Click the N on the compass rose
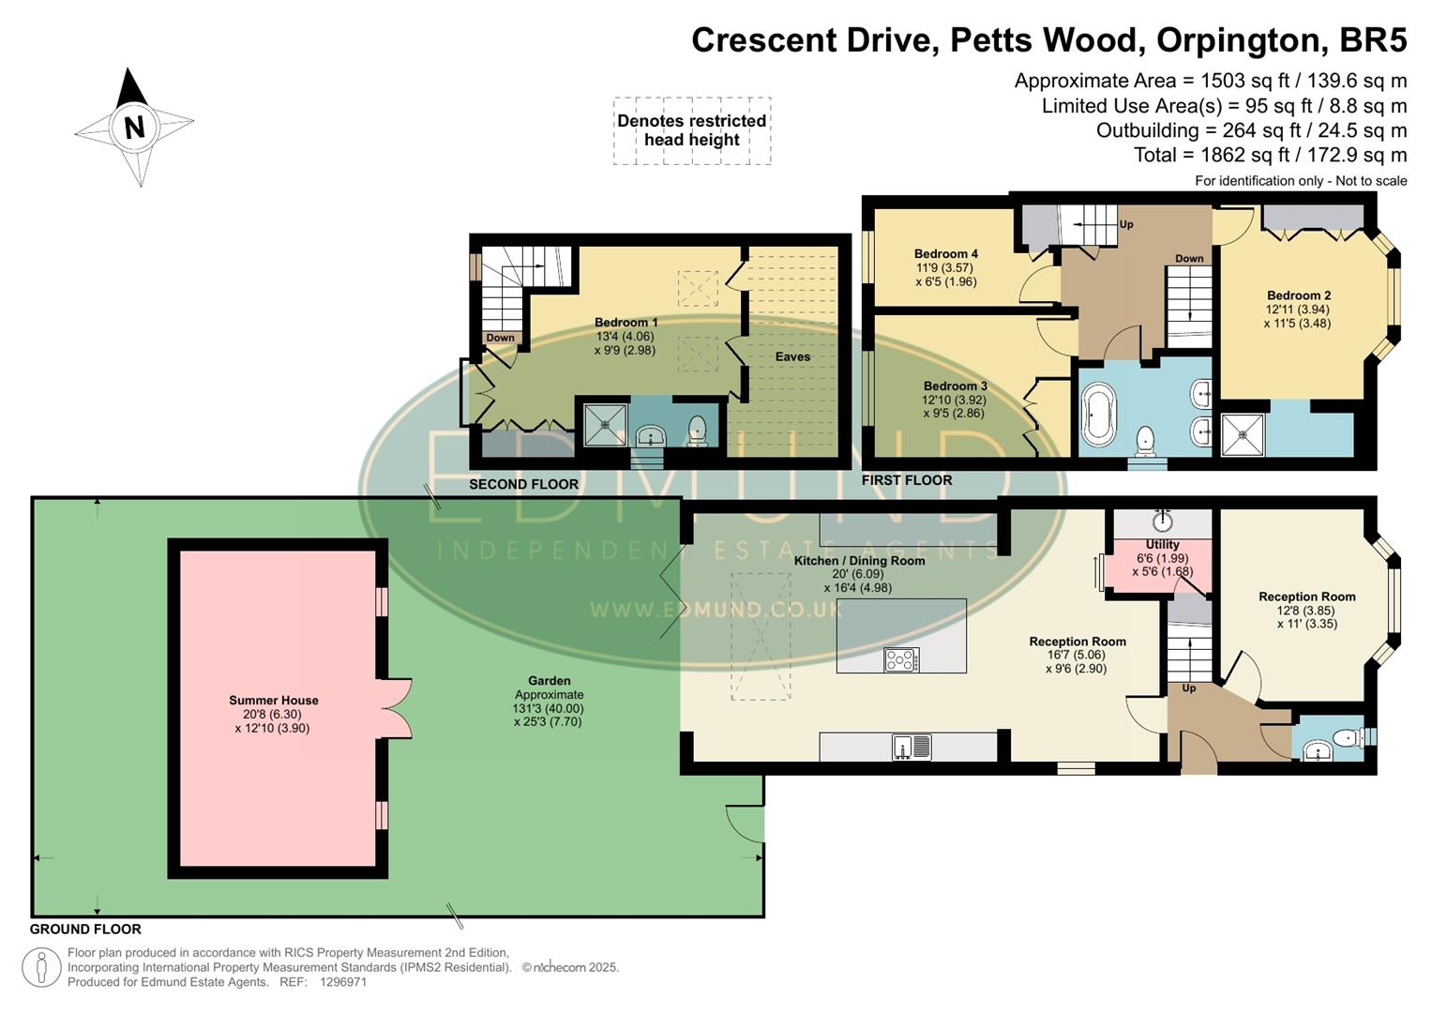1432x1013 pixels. tap(134, 127)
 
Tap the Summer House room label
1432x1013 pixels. tap(273, 700)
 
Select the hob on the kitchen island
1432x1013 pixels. tap(900, 660)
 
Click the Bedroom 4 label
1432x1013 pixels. tap(945, 253)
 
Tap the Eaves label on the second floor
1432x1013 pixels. tap(792, 356)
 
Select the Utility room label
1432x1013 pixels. tap(1162, 544)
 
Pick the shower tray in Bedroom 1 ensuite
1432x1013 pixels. tap(605, 424)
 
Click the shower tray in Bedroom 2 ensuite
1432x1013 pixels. tap(1243, 434)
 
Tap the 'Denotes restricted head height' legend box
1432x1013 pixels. tap(692, 130)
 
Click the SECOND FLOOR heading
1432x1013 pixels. tap(523, 484)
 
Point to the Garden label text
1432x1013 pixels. tap(549, 681)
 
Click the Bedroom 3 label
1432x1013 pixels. tap(955, 386)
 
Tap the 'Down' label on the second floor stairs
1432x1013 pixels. tap(500, 338)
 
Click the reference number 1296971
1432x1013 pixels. tap(342, 982)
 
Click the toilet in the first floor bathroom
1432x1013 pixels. tap(1145, 438)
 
